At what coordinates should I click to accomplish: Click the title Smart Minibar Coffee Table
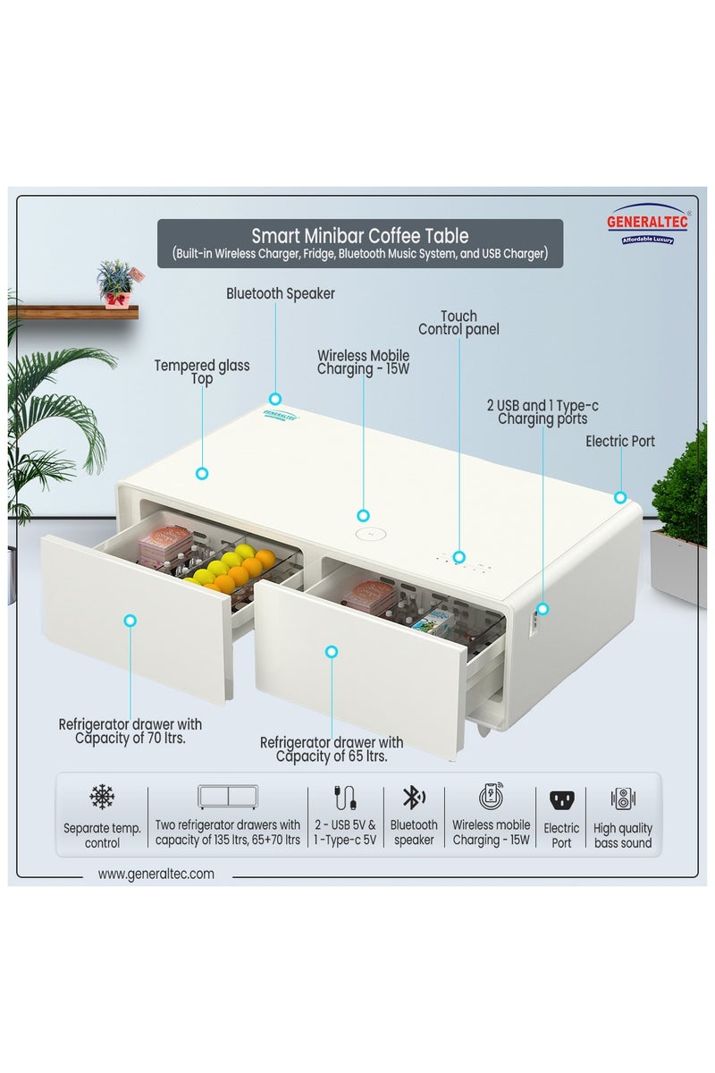(x=359, y=236)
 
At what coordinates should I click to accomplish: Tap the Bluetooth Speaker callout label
(x=280, y=293)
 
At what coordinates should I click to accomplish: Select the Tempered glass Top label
(x=202, y=372)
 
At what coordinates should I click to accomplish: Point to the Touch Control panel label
(x=459, y=322)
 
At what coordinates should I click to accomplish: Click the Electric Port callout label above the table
(x=620, y=441)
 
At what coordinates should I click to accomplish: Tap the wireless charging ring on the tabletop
(x=366, y=534)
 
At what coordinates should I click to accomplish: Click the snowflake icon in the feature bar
(x=102, y=798)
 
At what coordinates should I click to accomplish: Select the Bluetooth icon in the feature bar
(x=413, y=798)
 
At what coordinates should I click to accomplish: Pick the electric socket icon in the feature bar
(x=561, y=799)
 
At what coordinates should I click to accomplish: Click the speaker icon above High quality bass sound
(x=623, y=798)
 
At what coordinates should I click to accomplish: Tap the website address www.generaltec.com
(x=156, y=874)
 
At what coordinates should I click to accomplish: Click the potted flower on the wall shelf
(x=115, y=283)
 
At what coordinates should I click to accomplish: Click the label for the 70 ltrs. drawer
(x=130, y=731)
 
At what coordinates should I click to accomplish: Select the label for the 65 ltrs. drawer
(x=332, y=748)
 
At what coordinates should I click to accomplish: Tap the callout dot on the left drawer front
(x=130, y=620)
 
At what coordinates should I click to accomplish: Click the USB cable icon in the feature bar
(x=345, y=798)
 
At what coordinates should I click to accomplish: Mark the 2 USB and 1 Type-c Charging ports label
(x=543, y=411)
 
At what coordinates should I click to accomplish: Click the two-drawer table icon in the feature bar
(x=228, y=797)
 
